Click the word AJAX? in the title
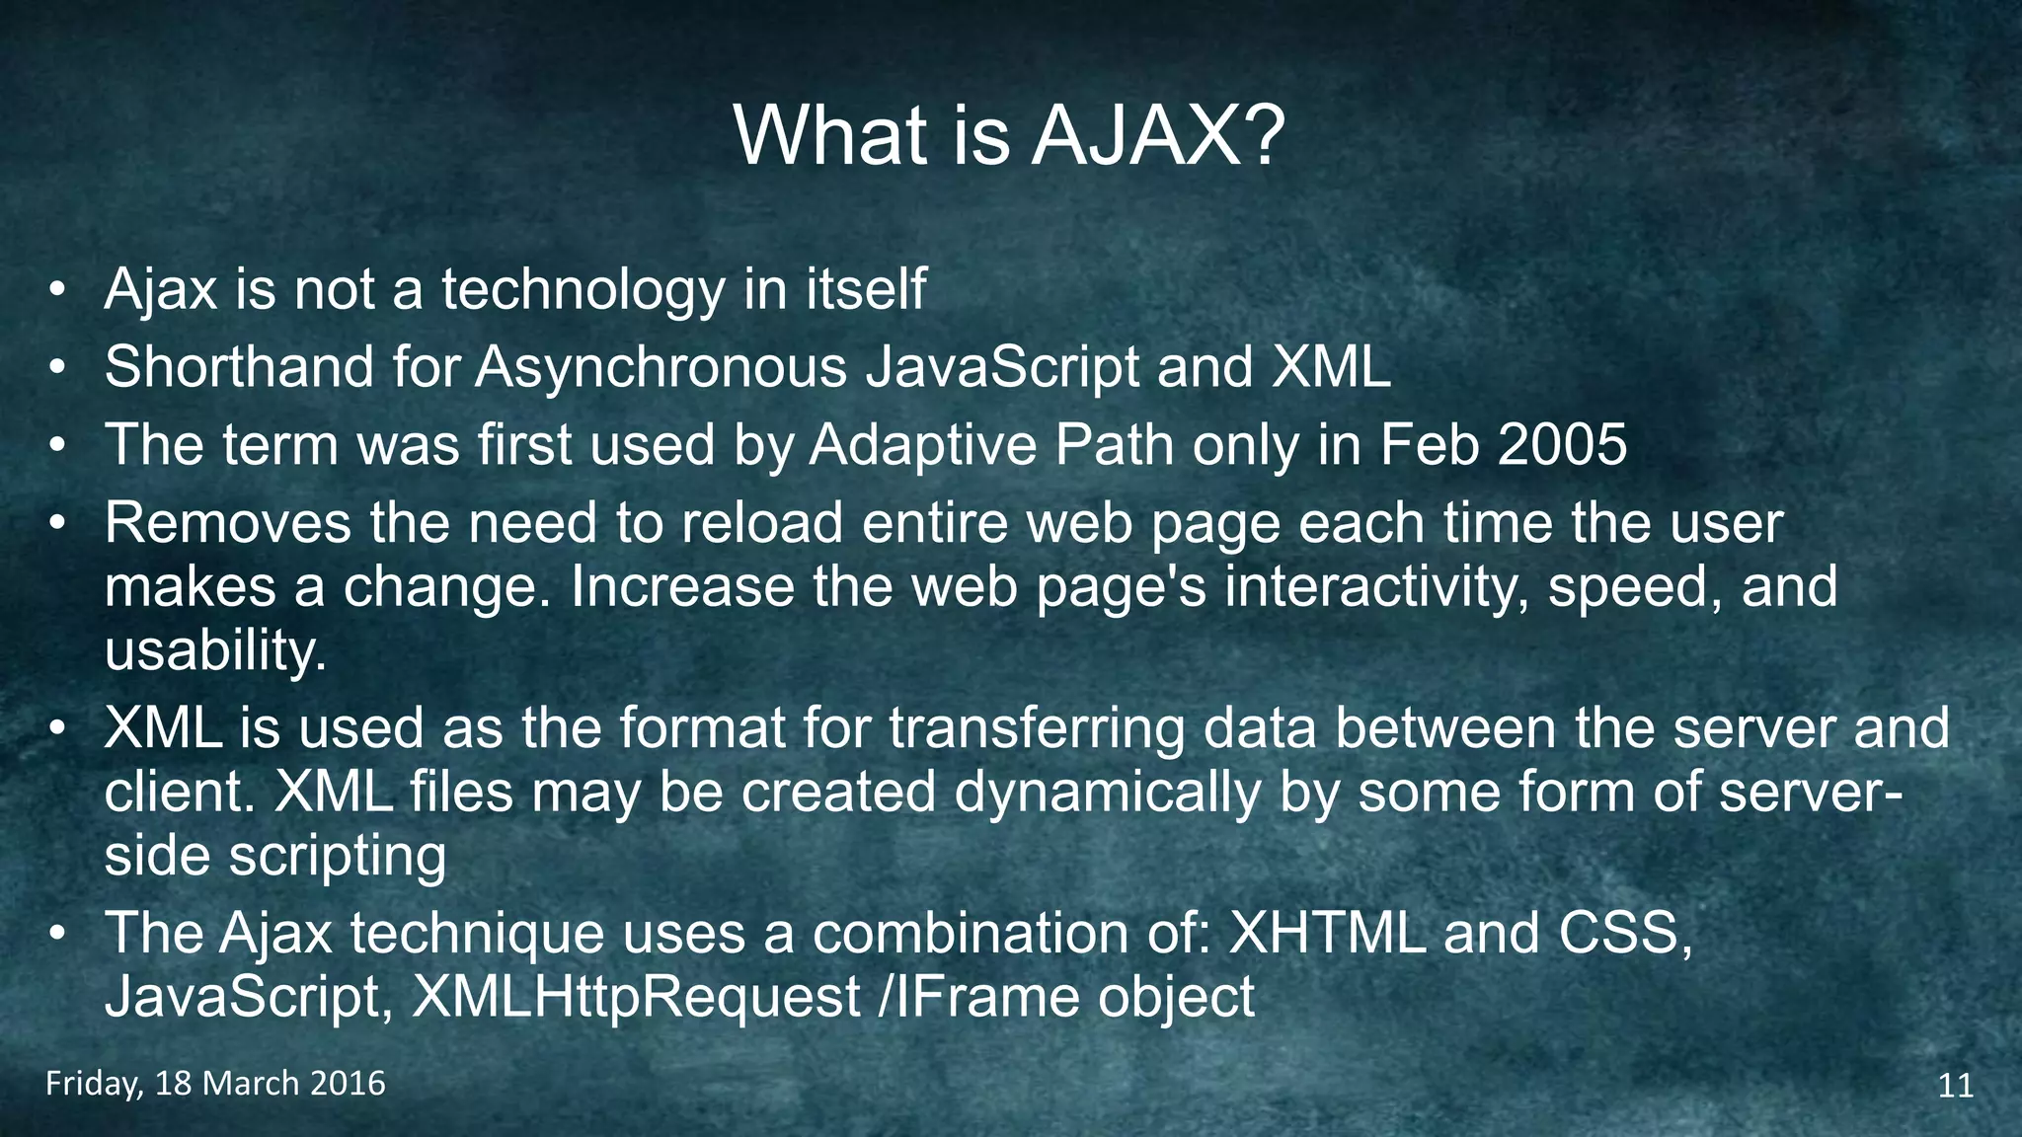[x=1158, y=135]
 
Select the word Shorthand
[x=239, y=367]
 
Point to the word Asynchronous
[x=661, y=367]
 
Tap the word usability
[x=215, y=650]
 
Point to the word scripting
[x=338, y=855]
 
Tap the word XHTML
[x=1327, y=933]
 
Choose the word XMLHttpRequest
[x=636, y=997]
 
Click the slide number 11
[x=1956, y=1086]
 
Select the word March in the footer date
[x=250, y=1084]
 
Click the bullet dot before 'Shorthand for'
[x=58, y=368]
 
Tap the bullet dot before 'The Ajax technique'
[x=58, y=934]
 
